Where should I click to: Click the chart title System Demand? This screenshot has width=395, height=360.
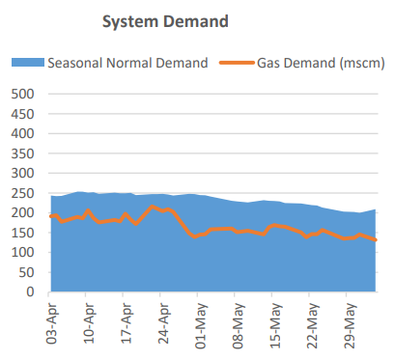(x=165, y=20)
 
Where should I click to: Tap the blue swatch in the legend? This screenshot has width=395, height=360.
(x=30, y=63)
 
